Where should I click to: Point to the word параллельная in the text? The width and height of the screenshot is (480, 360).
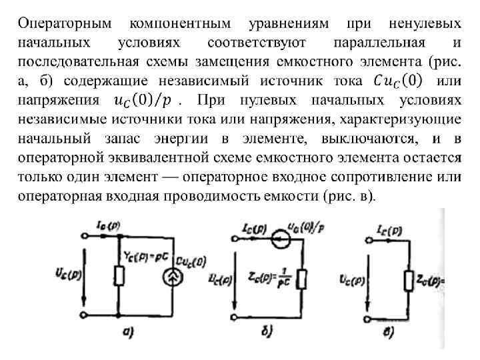[377, 43]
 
